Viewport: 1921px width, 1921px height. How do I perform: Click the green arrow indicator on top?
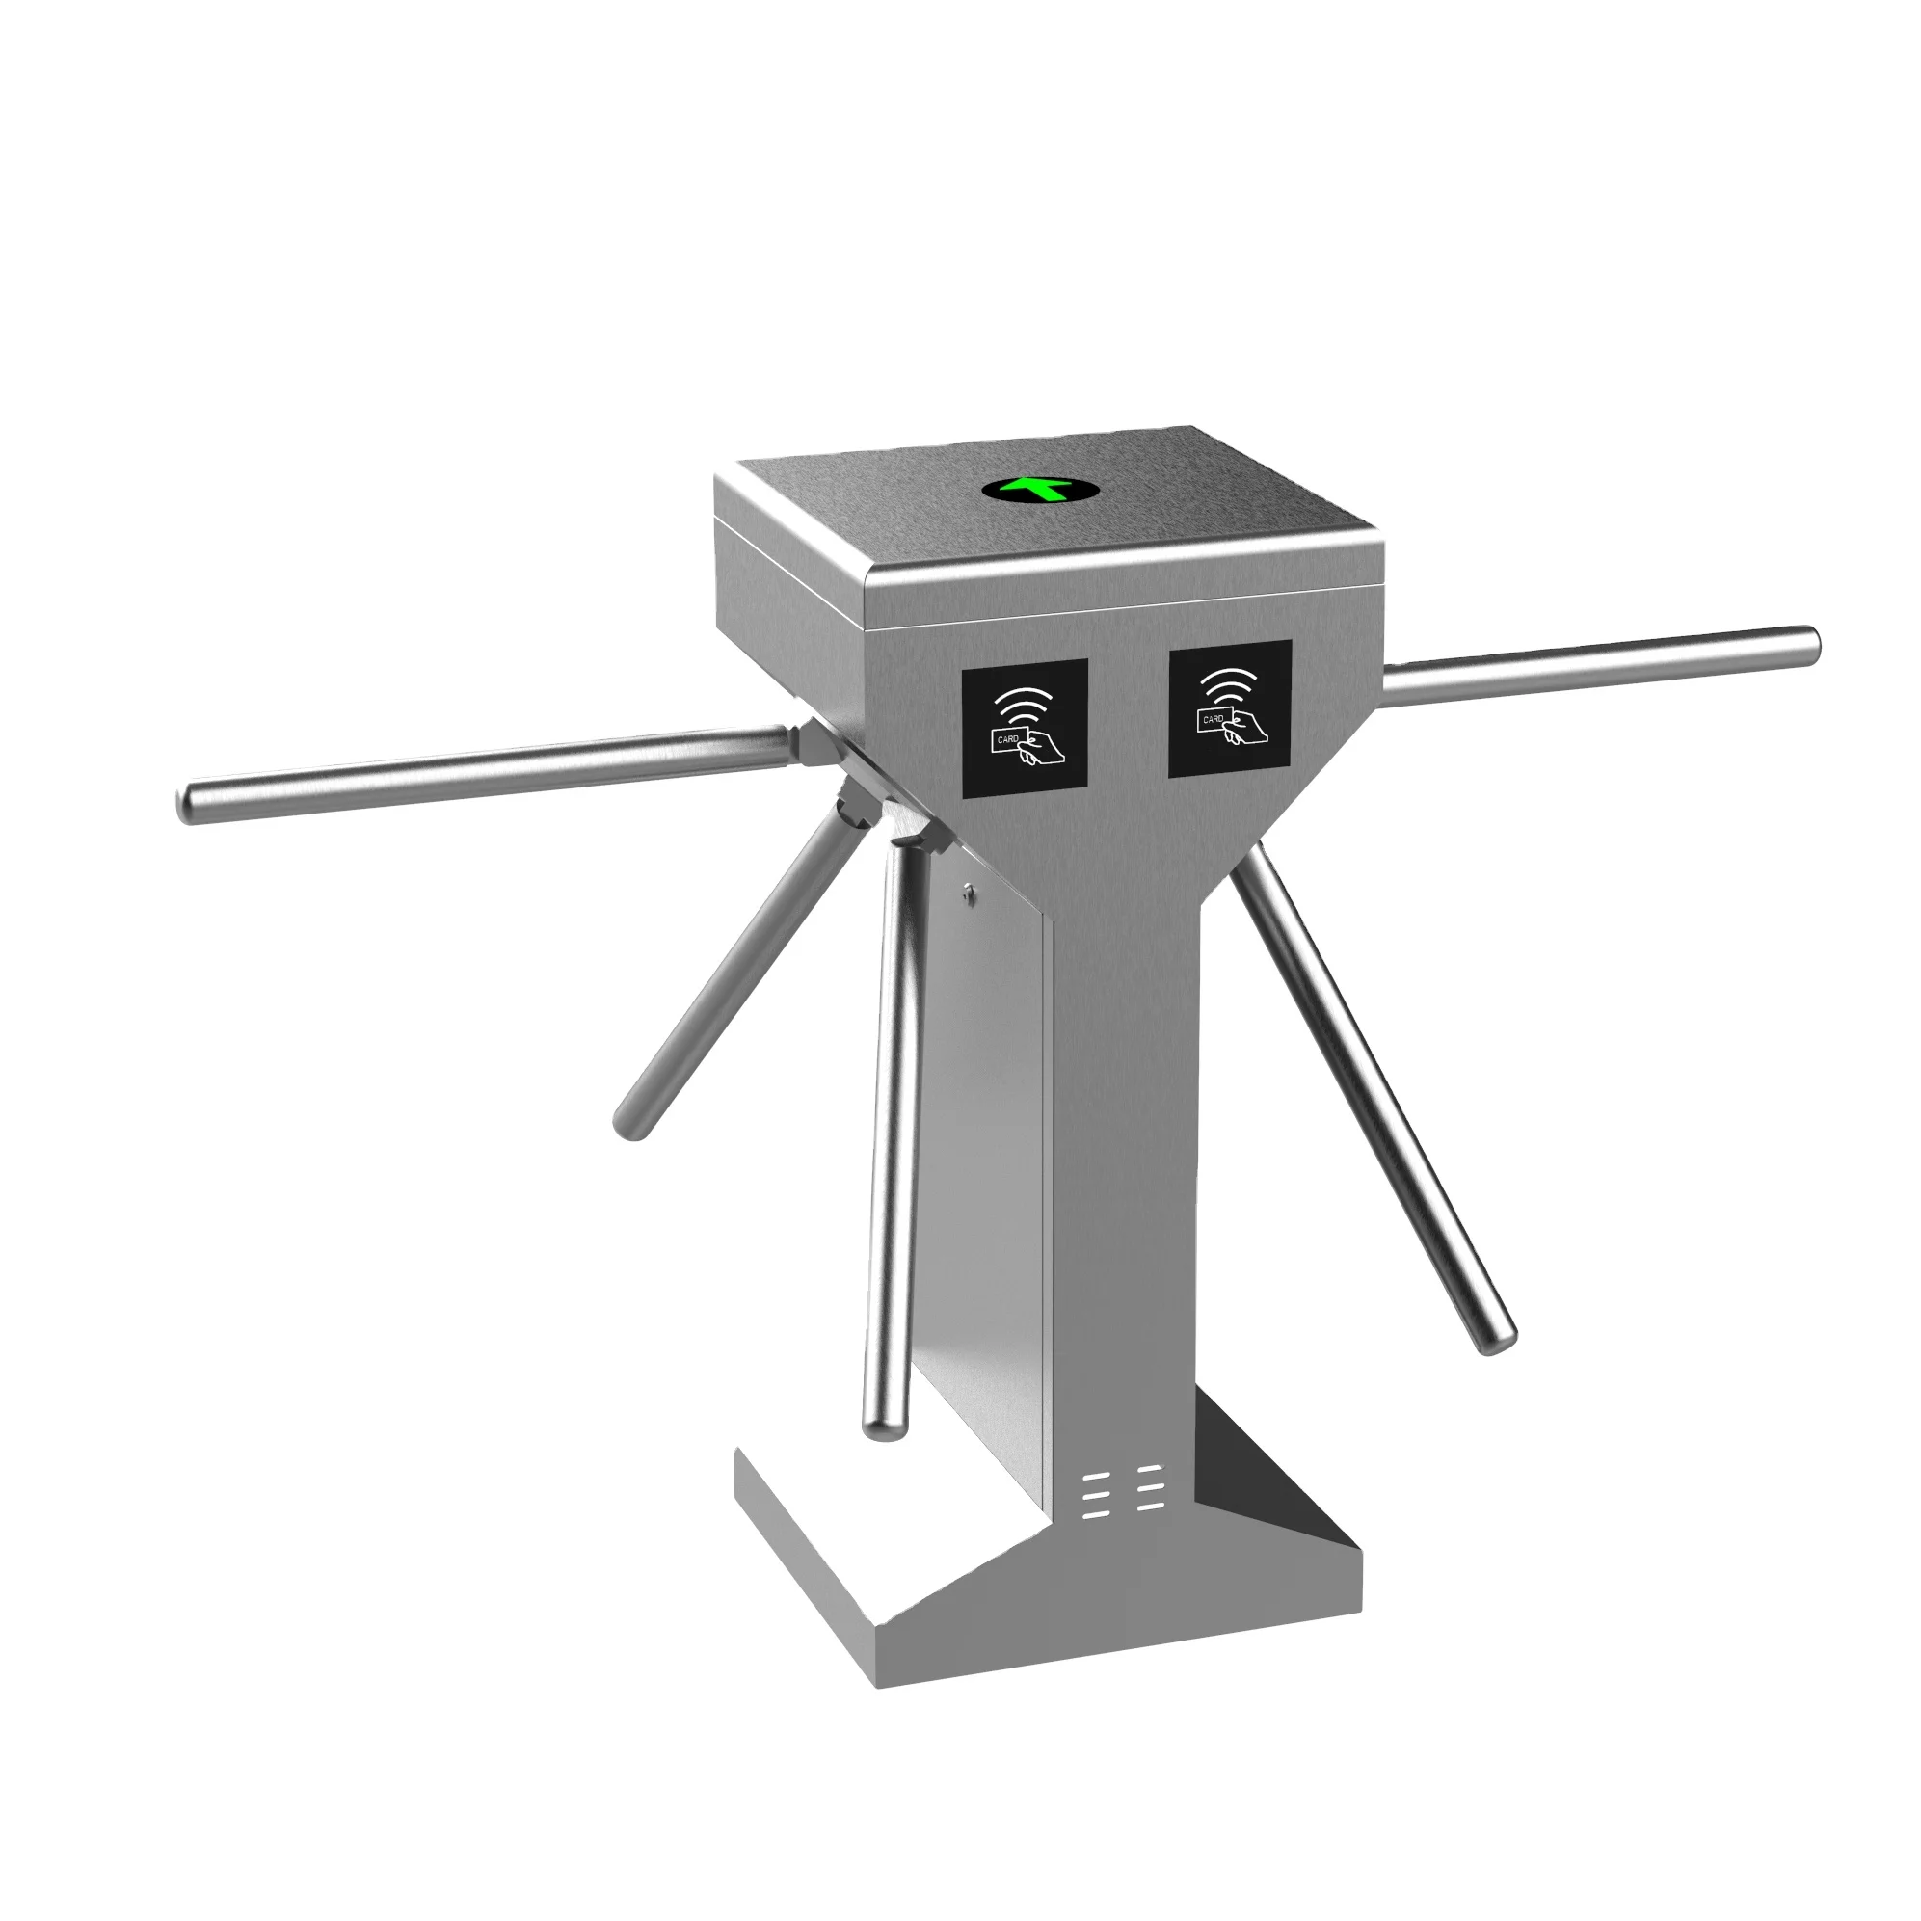click(x=1039, y=489)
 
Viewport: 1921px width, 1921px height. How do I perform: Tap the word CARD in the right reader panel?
click(x=1212, y=718)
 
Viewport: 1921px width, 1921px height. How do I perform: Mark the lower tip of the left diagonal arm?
click(x=629, y=1127)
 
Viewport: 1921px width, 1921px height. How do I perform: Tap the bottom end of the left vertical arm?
click(x=880, y=1427)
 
